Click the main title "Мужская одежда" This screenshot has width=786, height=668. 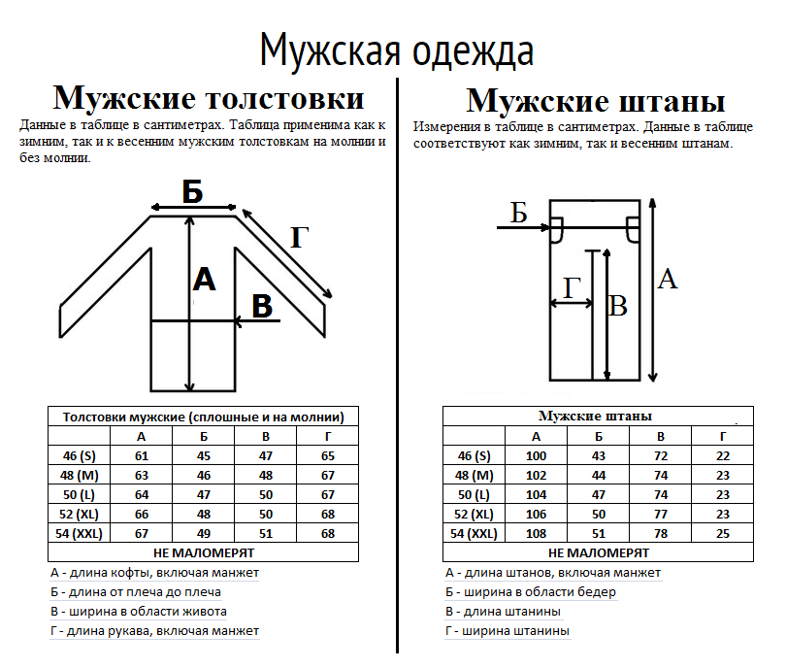[397, 50]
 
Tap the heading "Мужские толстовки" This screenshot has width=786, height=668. [209, 98]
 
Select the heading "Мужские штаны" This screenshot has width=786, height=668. [596, 101]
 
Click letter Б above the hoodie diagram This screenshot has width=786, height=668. [192, 191]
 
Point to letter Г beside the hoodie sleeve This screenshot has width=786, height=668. [299, 237]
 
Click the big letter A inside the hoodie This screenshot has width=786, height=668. [204, 280]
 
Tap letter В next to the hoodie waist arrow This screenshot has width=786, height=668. [262, 307]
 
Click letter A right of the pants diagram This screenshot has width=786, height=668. [668, 279]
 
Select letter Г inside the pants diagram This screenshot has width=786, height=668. [572, 287]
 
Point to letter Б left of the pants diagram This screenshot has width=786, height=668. [519, 213]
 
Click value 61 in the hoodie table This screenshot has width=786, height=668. [142, 456]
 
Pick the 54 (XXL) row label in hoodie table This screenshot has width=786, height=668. [79, 534]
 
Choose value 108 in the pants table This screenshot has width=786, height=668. [536, 534]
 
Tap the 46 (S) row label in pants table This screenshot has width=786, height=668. [474, 456]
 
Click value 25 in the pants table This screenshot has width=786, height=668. [722, 534]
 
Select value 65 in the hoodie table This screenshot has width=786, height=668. [328, 456]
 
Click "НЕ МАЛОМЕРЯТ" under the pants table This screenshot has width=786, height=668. [599, 552]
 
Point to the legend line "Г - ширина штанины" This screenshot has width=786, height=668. [508, 631]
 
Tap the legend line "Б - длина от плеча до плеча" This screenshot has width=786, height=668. [135, 591]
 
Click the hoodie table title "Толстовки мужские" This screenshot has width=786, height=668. [124, 417]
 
